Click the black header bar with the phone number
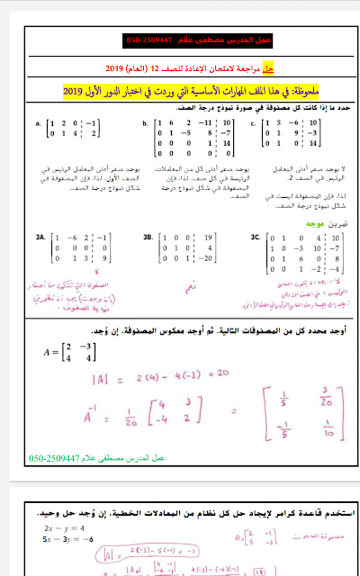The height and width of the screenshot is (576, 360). pos(180,42)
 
